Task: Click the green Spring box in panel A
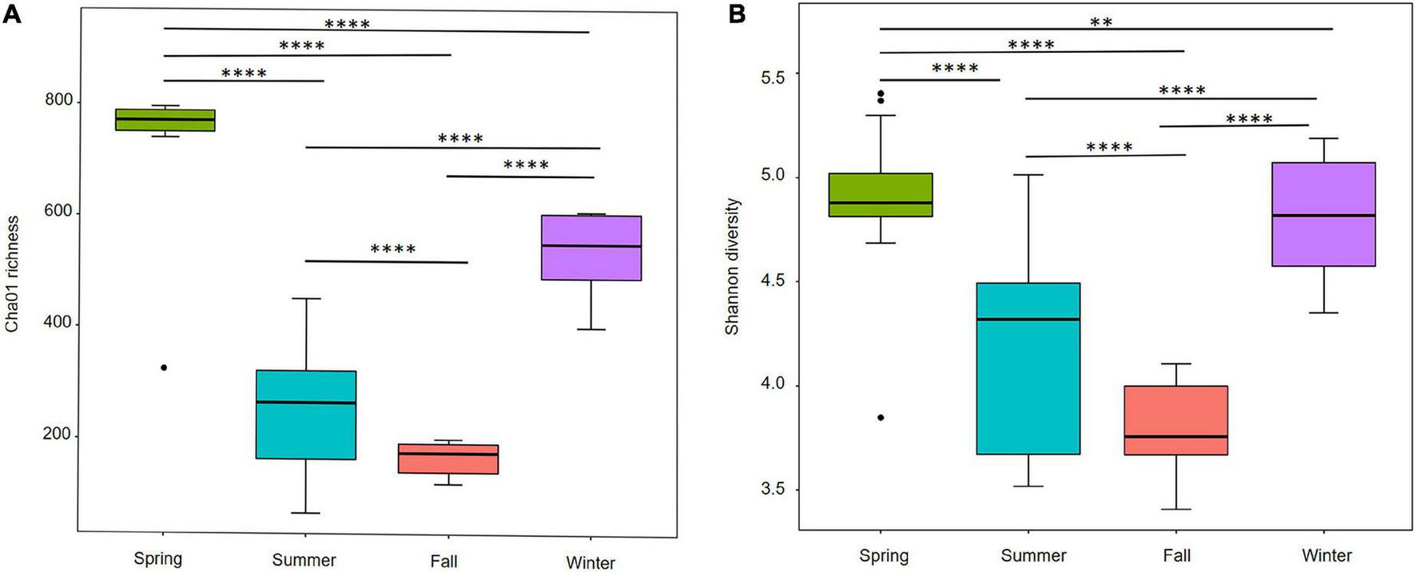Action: pos(165,120)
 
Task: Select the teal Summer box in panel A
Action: pos(306,415)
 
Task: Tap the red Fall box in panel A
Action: pos(448,459)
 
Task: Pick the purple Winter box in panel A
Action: pos(591,248)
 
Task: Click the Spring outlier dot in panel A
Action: pos(164,367)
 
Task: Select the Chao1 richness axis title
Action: pos(12,273)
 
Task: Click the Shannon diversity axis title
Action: pos(732,267)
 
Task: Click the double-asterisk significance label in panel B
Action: pos(1101,22)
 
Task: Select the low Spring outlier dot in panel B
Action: pos(881,418)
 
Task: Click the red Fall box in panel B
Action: pos(1175,420)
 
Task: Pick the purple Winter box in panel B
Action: pos(1323,214)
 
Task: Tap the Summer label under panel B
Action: pos(1033,555)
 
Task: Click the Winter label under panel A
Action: pos(591,562)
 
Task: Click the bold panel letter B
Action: pos(737,14)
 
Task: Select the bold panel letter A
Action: pos(11,14)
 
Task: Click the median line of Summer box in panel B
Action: pos(1028,320)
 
